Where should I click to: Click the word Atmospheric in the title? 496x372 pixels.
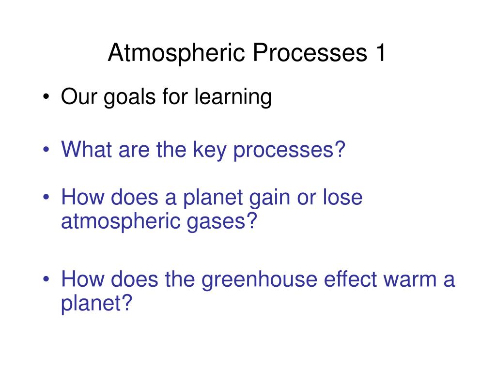(176, 53)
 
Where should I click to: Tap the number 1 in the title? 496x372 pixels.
(380, 52)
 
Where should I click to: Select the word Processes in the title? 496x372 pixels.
(310, 52)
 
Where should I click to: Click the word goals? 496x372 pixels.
(130, 97)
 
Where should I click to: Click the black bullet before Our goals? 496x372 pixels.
(46, 96)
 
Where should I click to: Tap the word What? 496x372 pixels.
(86, 149)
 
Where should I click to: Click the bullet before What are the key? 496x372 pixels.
(46, 149)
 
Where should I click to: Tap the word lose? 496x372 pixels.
(342, 197)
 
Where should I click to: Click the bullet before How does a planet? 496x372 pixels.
(46, 197)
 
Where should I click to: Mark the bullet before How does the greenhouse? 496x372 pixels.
(46, 279)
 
